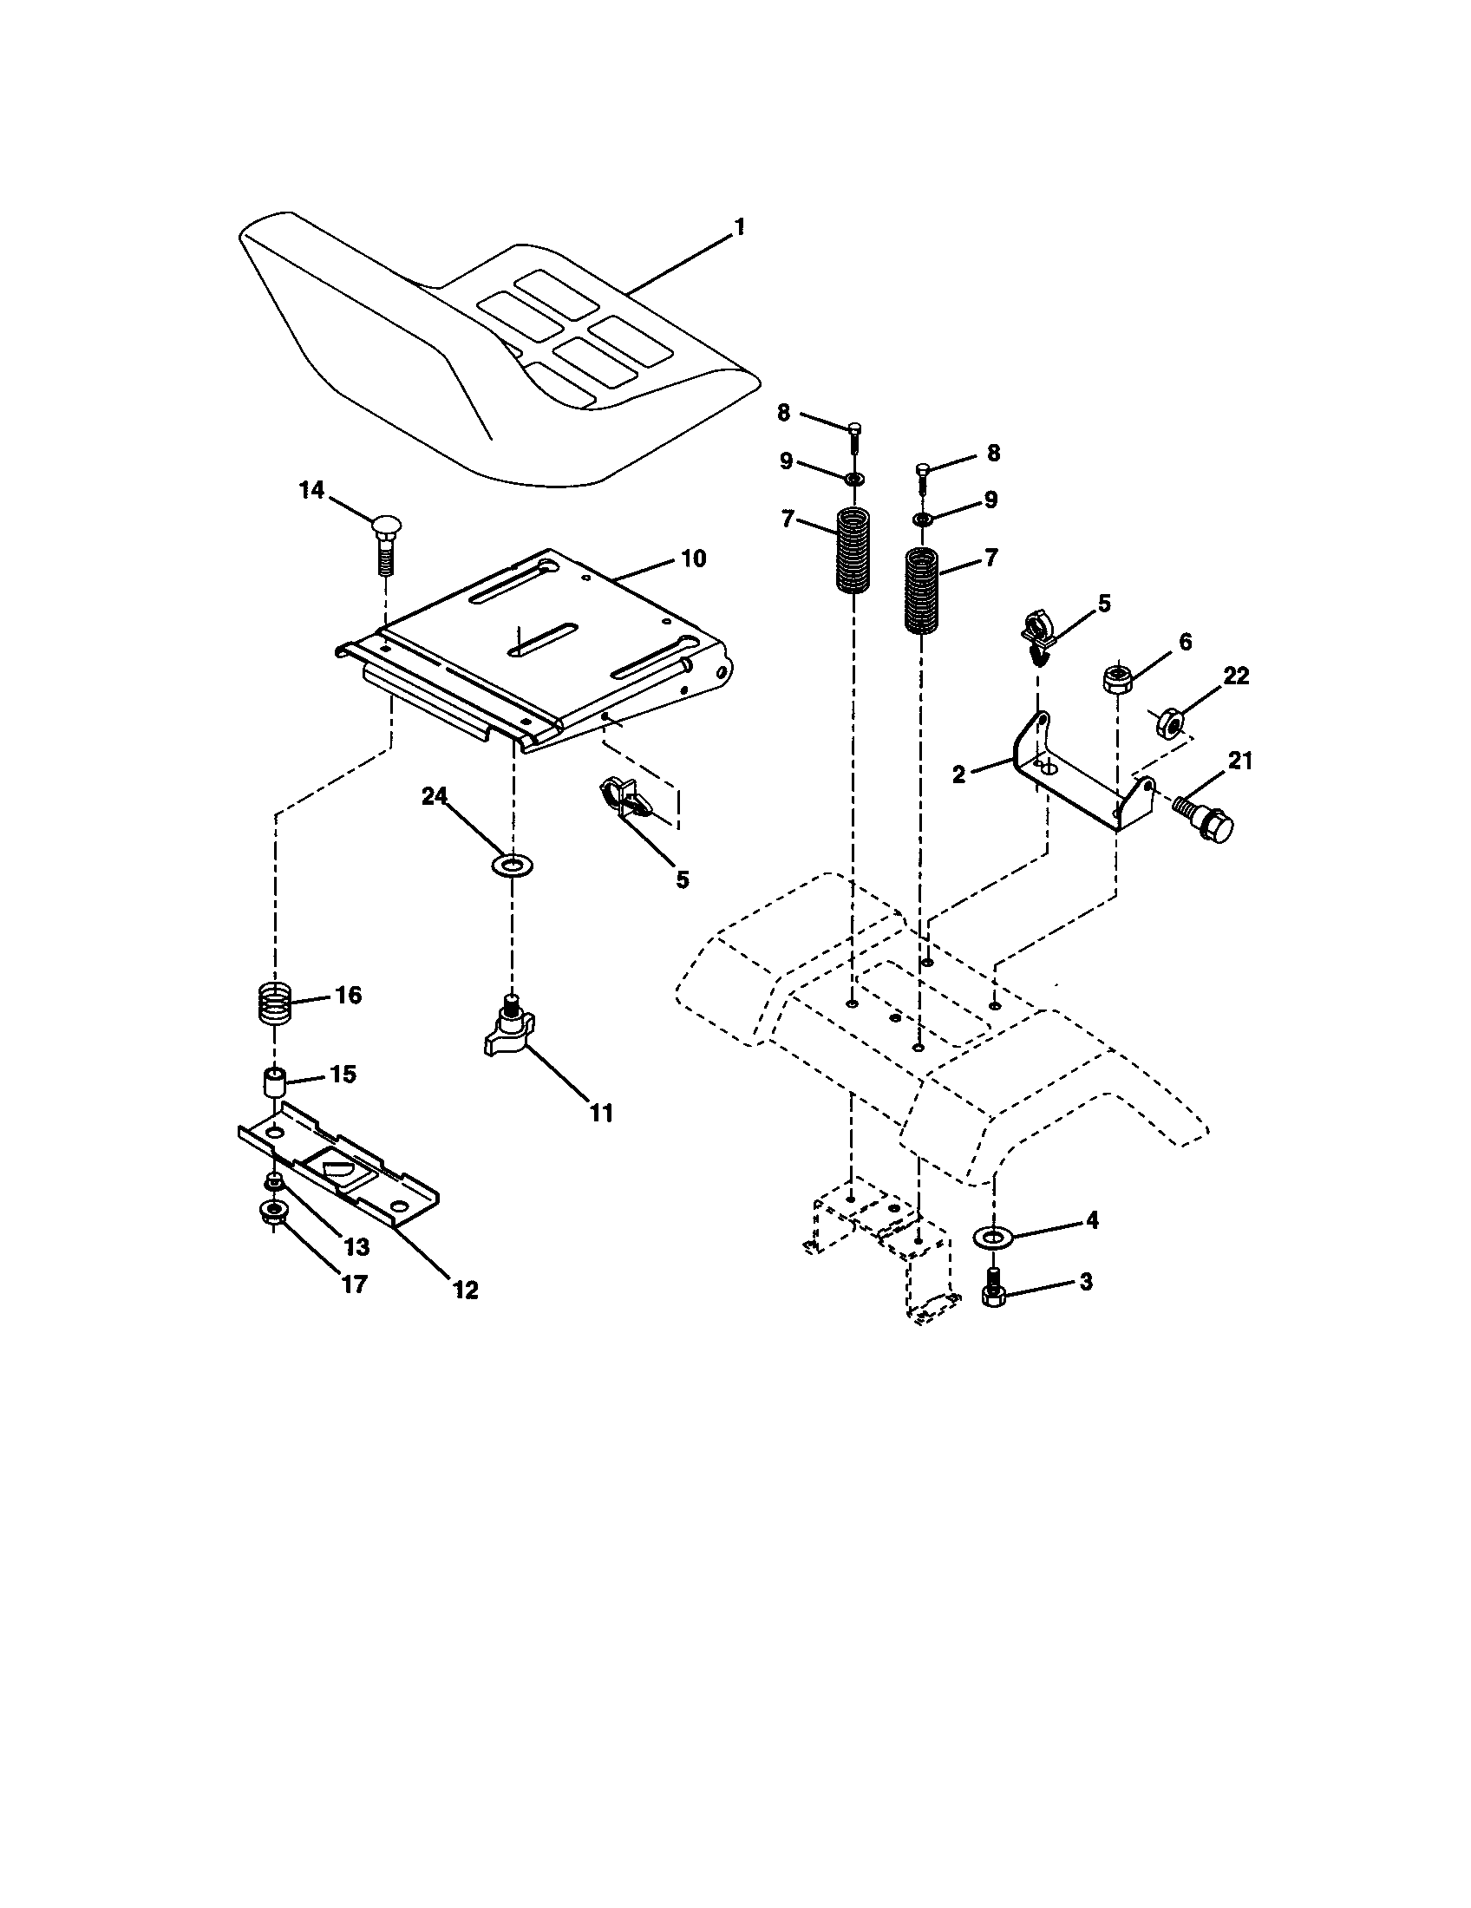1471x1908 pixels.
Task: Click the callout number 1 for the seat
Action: click(739, 227)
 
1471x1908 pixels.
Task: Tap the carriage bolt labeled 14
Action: click(384, 544)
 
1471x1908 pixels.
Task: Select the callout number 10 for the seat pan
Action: click(693, 559)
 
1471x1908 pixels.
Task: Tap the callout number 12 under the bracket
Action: click(466, 1290)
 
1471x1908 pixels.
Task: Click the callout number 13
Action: click(356, 1245)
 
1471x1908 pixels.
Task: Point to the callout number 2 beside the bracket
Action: click(959, 774)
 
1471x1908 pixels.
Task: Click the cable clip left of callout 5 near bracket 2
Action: click(1037, 638)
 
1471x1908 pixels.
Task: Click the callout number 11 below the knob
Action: click(601, 1113)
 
